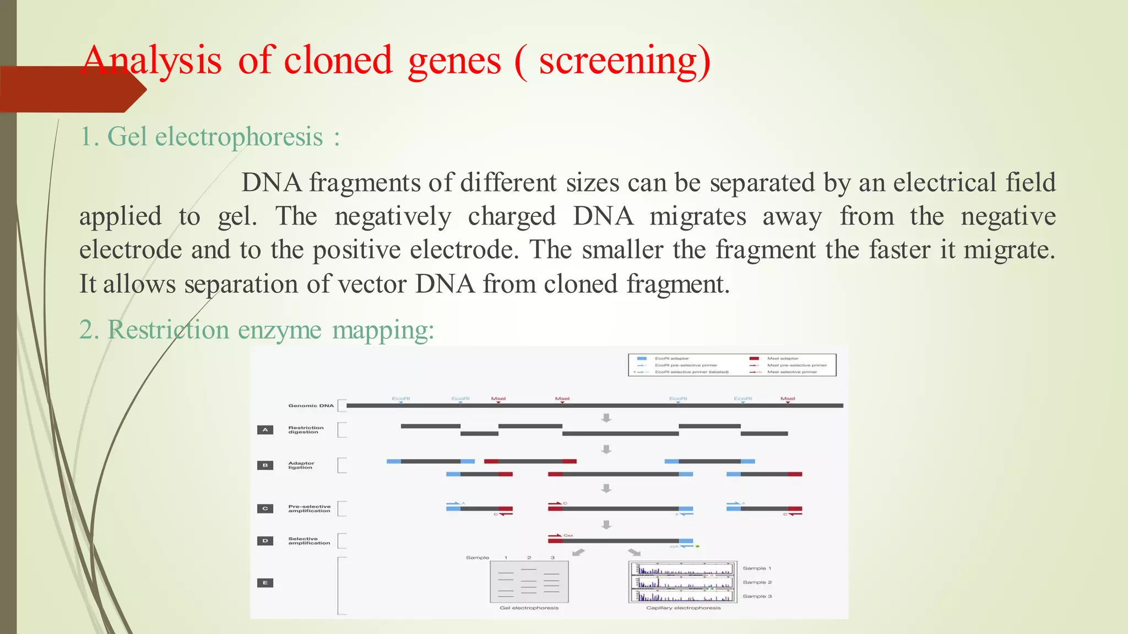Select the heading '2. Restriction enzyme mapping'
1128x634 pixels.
pyautogui.click(x=256, y=330)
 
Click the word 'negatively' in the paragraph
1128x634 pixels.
pyautogui.click(x=393, y=216)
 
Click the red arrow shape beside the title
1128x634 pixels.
pyautogui.click(x=72, y=90)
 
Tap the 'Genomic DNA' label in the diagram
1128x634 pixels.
pyautogui.click(x=311, y=406)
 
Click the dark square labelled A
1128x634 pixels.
pyautogui.click(x=265, y=430)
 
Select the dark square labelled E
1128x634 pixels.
pyautogui.click(x=265, y=583)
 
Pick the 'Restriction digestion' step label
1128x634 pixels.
pyautogui.click(x=306, y=430)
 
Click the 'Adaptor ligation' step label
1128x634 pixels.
pyautogui.click(x=301, y=466)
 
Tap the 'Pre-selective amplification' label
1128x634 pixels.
pyautogui.click(x=309, y=509)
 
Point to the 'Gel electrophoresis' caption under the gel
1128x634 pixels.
pyautogui.click(x=529, y=608)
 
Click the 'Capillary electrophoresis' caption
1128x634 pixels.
pyautogui.click(x=683, y=608)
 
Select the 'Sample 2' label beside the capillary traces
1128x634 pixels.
pyautogui.click(x=757, y=582)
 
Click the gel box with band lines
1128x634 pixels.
pyautogui.click(x=529, y=582)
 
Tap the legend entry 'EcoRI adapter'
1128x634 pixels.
pyautogui.click(x=671, y=358)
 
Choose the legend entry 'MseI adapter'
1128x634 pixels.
pyautogui.click(x=782, y=358)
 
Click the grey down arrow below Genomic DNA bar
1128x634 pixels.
pyautogui.click(x=606, y=418)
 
